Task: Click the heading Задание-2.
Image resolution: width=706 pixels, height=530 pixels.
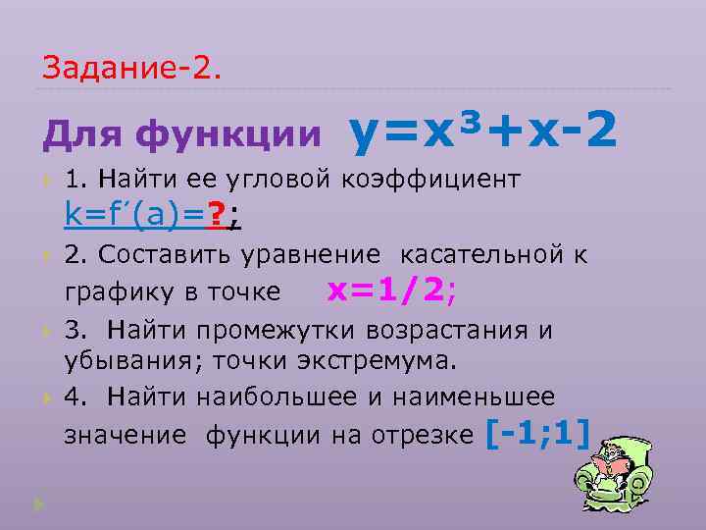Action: (x=131, y=68)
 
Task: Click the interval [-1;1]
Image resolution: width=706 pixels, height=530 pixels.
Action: (x=538, y=432)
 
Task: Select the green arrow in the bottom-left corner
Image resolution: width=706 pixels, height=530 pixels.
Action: (x=38, y=504)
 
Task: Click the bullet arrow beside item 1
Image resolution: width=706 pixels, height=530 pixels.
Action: (x=45, y=182)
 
